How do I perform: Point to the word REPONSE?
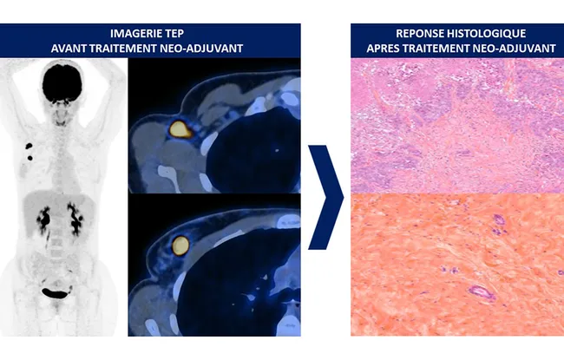[x=420, y=34]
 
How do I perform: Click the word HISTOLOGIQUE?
[x=486, y=34]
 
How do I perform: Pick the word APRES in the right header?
[x=383, y=49]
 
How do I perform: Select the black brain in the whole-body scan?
[x=62, y=83]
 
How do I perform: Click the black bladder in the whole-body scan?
[x=55, y=292]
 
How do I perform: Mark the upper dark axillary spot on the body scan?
[x=29, y=146]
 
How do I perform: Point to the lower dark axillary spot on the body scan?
[x=30, y=158]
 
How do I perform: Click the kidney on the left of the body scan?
[x=44, y=219]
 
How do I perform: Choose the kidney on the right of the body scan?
[x=75, y=219]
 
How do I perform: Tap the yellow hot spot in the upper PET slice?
[x=180, y=129]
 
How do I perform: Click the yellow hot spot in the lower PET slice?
[x=180, y=245]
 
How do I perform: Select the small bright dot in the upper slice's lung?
[x=277, y=150]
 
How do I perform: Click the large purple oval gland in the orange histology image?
[x=482, y=292]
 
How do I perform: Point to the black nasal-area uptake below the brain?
[x=61, y=103]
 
